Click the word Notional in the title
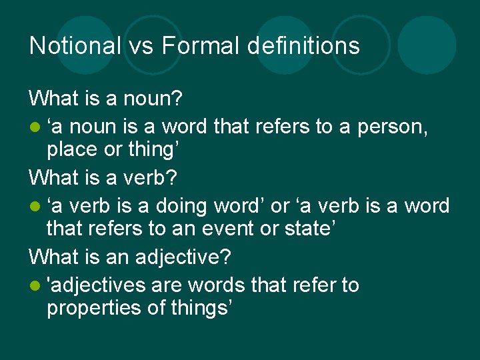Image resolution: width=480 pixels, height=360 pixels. pos(75,45)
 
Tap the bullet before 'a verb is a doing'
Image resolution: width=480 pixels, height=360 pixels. pos(34,207)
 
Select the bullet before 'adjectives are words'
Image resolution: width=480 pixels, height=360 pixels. pos(34,286)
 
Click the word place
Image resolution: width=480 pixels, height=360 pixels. pos(70,149)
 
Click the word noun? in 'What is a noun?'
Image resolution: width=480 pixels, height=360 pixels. pos(154,99)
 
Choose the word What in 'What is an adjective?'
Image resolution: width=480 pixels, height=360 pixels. pos(53,257)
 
